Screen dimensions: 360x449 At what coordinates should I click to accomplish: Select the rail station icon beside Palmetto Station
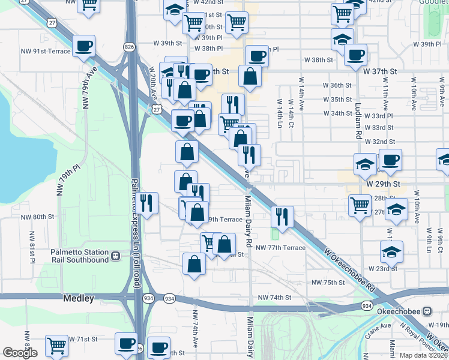[115, 257]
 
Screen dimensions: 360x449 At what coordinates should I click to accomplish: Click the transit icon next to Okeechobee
[427, 311]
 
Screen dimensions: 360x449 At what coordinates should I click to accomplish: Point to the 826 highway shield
[129, 46]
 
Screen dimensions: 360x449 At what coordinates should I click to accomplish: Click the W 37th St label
[381, 71]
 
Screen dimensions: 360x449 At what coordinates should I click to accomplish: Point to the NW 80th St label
[38, 217]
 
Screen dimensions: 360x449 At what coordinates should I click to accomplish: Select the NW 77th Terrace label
[280, 247]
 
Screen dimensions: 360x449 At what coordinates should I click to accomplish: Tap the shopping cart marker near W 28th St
[360, 205]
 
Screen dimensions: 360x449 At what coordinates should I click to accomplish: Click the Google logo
[20, 353]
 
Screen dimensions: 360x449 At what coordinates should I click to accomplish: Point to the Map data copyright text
[423, 355]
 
